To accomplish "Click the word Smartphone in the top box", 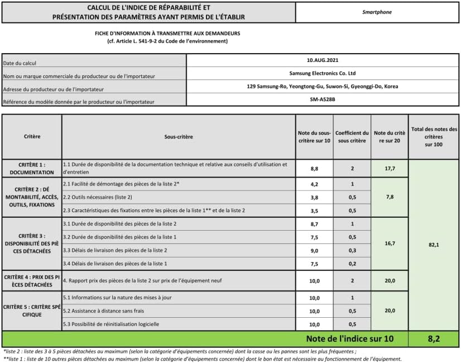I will (x=377, y=11).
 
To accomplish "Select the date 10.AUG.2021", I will (x=322, y=60).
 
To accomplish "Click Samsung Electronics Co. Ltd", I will (x=322, y=73).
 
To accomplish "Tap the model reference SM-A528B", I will (x=322, y=99).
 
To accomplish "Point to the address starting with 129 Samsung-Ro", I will (x=322, y=87).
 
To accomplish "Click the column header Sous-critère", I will (x=178, y=136).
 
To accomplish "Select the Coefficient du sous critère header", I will (x=352, y=136).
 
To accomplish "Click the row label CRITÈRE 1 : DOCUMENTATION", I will (x=32, y=168).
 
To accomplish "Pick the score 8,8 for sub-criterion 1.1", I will (x=314, y=168).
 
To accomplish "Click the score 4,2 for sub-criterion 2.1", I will (x=314, y=184).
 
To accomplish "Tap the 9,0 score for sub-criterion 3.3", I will (x=314, y=250).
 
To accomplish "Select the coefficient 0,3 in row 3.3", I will (x=352, y=250).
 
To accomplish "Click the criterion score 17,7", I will (x=390, y=168).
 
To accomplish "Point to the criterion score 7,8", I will (x=390, y=197).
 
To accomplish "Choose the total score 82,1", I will (x=434, y=245).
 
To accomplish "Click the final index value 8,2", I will (x=434, y=338).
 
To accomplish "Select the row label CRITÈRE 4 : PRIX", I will (x=32, y=280).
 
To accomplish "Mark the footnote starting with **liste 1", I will (x=201, y=358).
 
